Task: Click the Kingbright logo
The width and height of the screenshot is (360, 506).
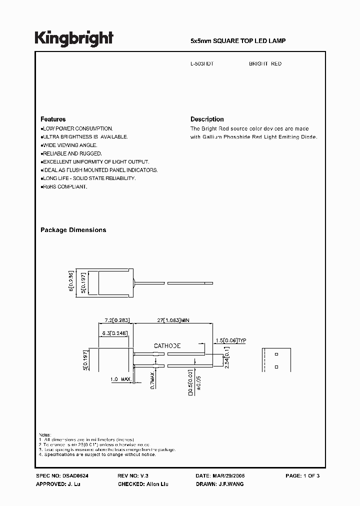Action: pyautogui.click(x=73, y=38)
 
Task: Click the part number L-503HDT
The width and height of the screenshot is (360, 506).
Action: pyautogui.click(x=202, y=64)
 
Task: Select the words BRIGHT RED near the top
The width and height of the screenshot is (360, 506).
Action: pyautogui.click(x=265, y=64)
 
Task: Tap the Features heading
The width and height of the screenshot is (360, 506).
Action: pyautogui.click(x=53, y=119)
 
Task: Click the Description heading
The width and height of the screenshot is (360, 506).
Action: pyautogui.click(x=207, y=119)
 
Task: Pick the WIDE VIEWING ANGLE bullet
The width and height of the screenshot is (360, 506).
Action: pyautogui.click(x=68, y=145)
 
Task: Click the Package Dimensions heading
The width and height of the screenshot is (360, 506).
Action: pyautogui.click(x=73, y=230)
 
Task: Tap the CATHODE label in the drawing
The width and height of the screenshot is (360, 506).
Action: pyautogui.click(x=167, y=345)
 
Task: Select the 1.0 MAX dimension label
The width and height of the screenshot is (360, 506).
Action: pyautogui.click(x=120, y=379)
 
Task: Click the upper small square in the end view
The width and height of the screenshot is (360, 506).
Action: pyautogui.click(x=276, y=354)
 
